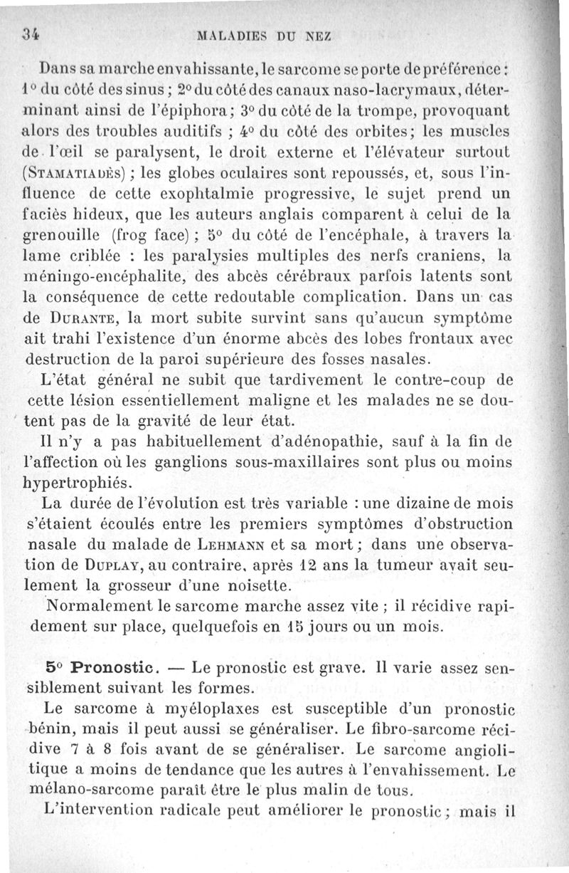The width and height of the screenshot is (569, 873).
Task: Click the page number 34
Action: point(29,33)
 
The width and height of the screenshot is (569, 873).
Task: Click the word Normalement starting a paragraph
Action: point(99,607)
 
